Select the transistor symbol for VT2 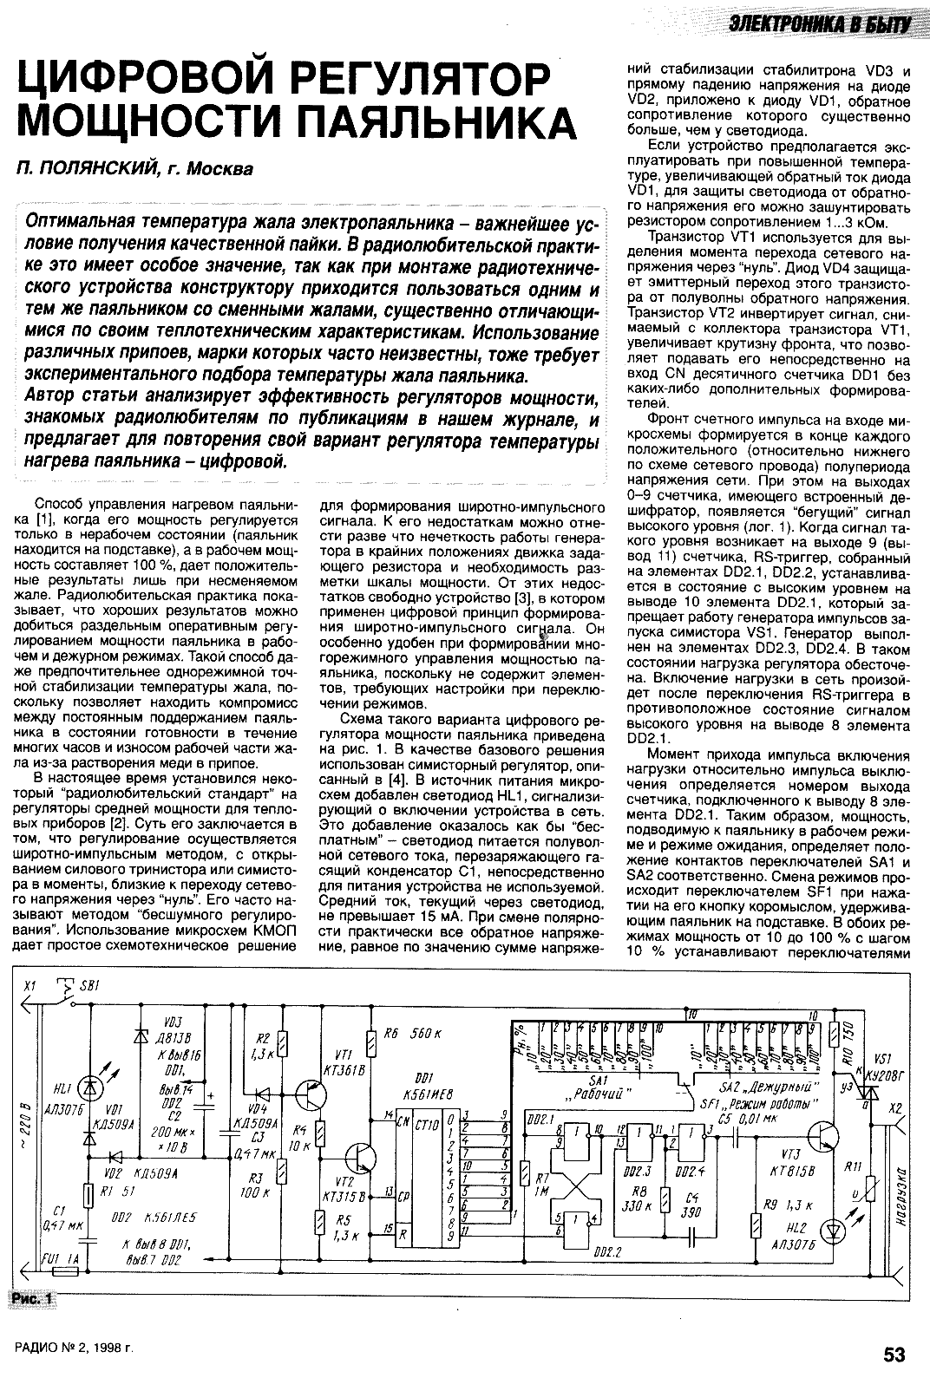[x=357, y=1159]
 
